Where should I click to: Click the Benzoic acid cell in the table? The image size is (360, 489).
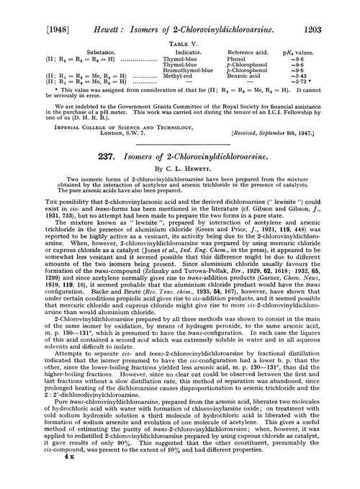(245, 75)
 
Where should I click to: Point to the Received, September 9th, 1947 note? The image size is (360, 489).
(294, 135)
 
